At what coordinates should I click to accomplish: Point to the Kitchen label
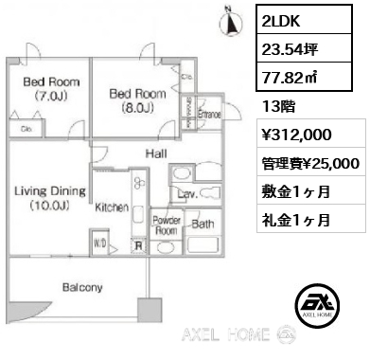[111, 207]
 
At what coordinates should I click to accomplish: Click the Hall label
[156, 153]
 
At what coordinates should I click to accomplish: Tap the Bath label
[203, 225]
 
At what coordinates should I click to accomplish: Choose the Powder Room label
[167, 225]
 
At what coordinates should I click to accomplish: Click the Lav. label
[185, 196]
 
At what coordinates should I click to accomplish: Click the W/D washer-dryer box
[99, 243]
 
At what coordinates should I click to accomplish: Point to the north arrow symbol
[226, 17]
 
